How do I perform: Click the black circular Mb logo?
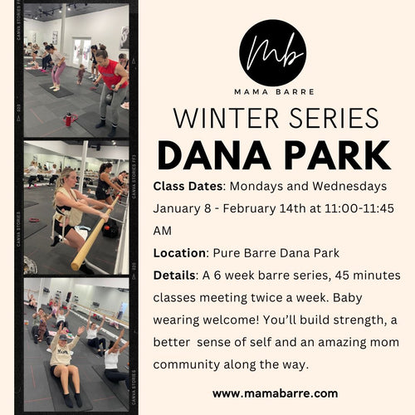coord(273,53)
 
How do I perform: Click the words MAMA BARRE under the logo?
coord(274,92)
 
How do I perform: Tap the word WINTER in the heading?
coord(226,118)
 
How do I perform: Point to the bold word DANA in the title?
coord(214,155)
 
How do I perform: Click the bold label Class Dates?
coord(188,186)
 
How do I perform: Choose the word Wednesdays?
coord(349,186)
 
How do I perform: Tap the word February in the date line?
coord(249,208)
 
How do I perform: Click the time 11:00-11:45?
coord(359,208)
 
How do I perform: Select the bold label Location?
coord(180,253)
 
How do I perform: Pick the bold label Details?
coord(174,276)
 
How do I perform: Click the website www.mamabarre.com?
coord(276,393)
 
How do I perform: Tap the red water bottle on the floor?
coord(68,120)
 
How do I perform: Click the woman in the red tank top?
coord(112,89)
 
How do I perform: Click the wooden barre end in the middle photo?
coord(76,265)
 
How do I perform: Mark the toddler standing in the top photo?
coord(81,74)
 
